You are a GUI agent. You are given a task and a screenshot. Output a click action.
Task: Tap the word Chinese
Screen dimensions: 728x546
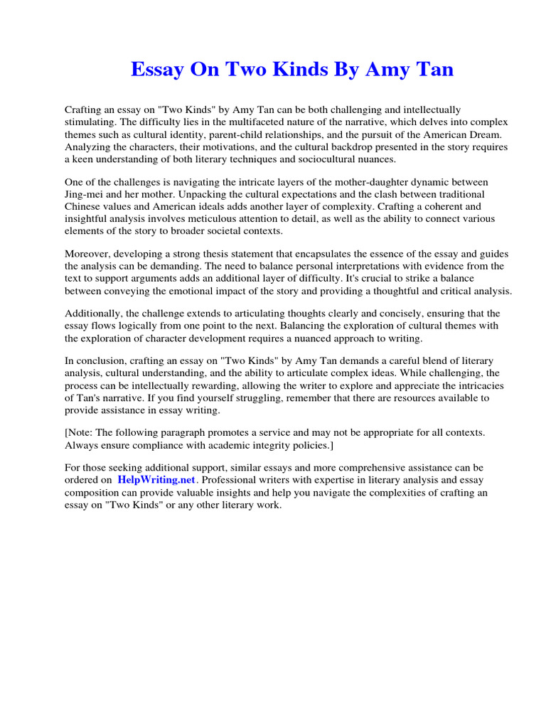pos(84,206)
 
